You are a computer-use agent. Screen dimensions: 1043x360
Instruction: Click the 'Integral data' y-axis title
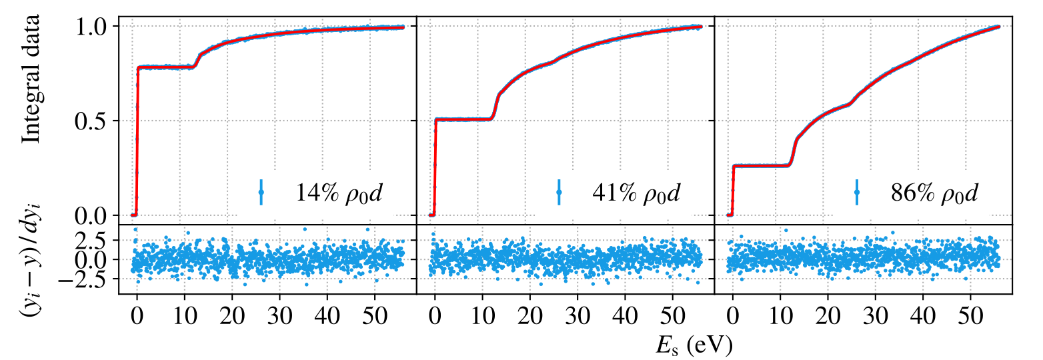point(31,79)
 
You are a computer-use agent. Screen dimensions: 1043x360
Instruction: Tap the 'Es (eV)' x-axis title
point(694,345)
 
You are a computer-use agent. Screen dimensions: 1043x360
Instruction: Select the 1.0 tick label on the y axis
point(92,27)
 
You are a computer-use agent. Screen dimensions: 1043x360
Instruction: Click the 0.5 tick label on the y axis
point(92,121)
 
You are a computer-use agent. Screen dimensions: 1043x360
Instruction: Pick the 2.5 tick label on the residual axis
point(95,240)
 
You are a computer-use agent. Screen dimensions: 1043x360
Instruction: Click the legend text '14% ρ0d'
point(339,193)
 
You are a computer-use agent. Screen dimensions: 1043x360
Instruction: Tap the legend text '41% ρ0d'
point(636,193)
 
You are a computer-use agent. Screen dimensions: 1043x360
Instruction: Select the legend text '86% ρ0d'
point(934,193)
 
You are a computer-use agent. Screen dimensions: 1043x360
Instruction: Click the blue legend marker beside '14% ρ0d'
point(261,192)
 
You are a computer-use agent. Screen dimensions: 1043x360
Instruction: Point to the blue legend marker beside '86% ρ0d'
point(857,192)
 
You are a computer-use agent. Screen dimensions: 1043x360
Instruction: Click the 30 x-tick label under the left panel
point(280,317)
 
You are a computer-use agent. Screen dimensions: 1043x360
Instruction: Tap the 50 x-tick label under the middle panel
point(672,317)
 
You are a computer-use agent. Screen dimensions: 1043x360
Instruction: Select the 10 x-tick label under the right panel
point(780,317)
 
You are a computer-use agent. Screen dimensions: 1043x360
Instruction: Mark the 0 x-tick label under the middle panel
point(435,317)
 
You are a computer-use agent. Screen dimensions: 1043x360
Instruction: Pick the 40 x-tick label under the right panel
point(923,317)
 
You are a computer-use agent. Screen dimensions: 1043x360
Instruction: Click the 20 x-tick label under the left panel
point(232,317)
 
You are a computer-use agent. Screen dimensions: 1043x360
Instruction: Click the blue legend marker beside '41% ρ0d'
point(559,192)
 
